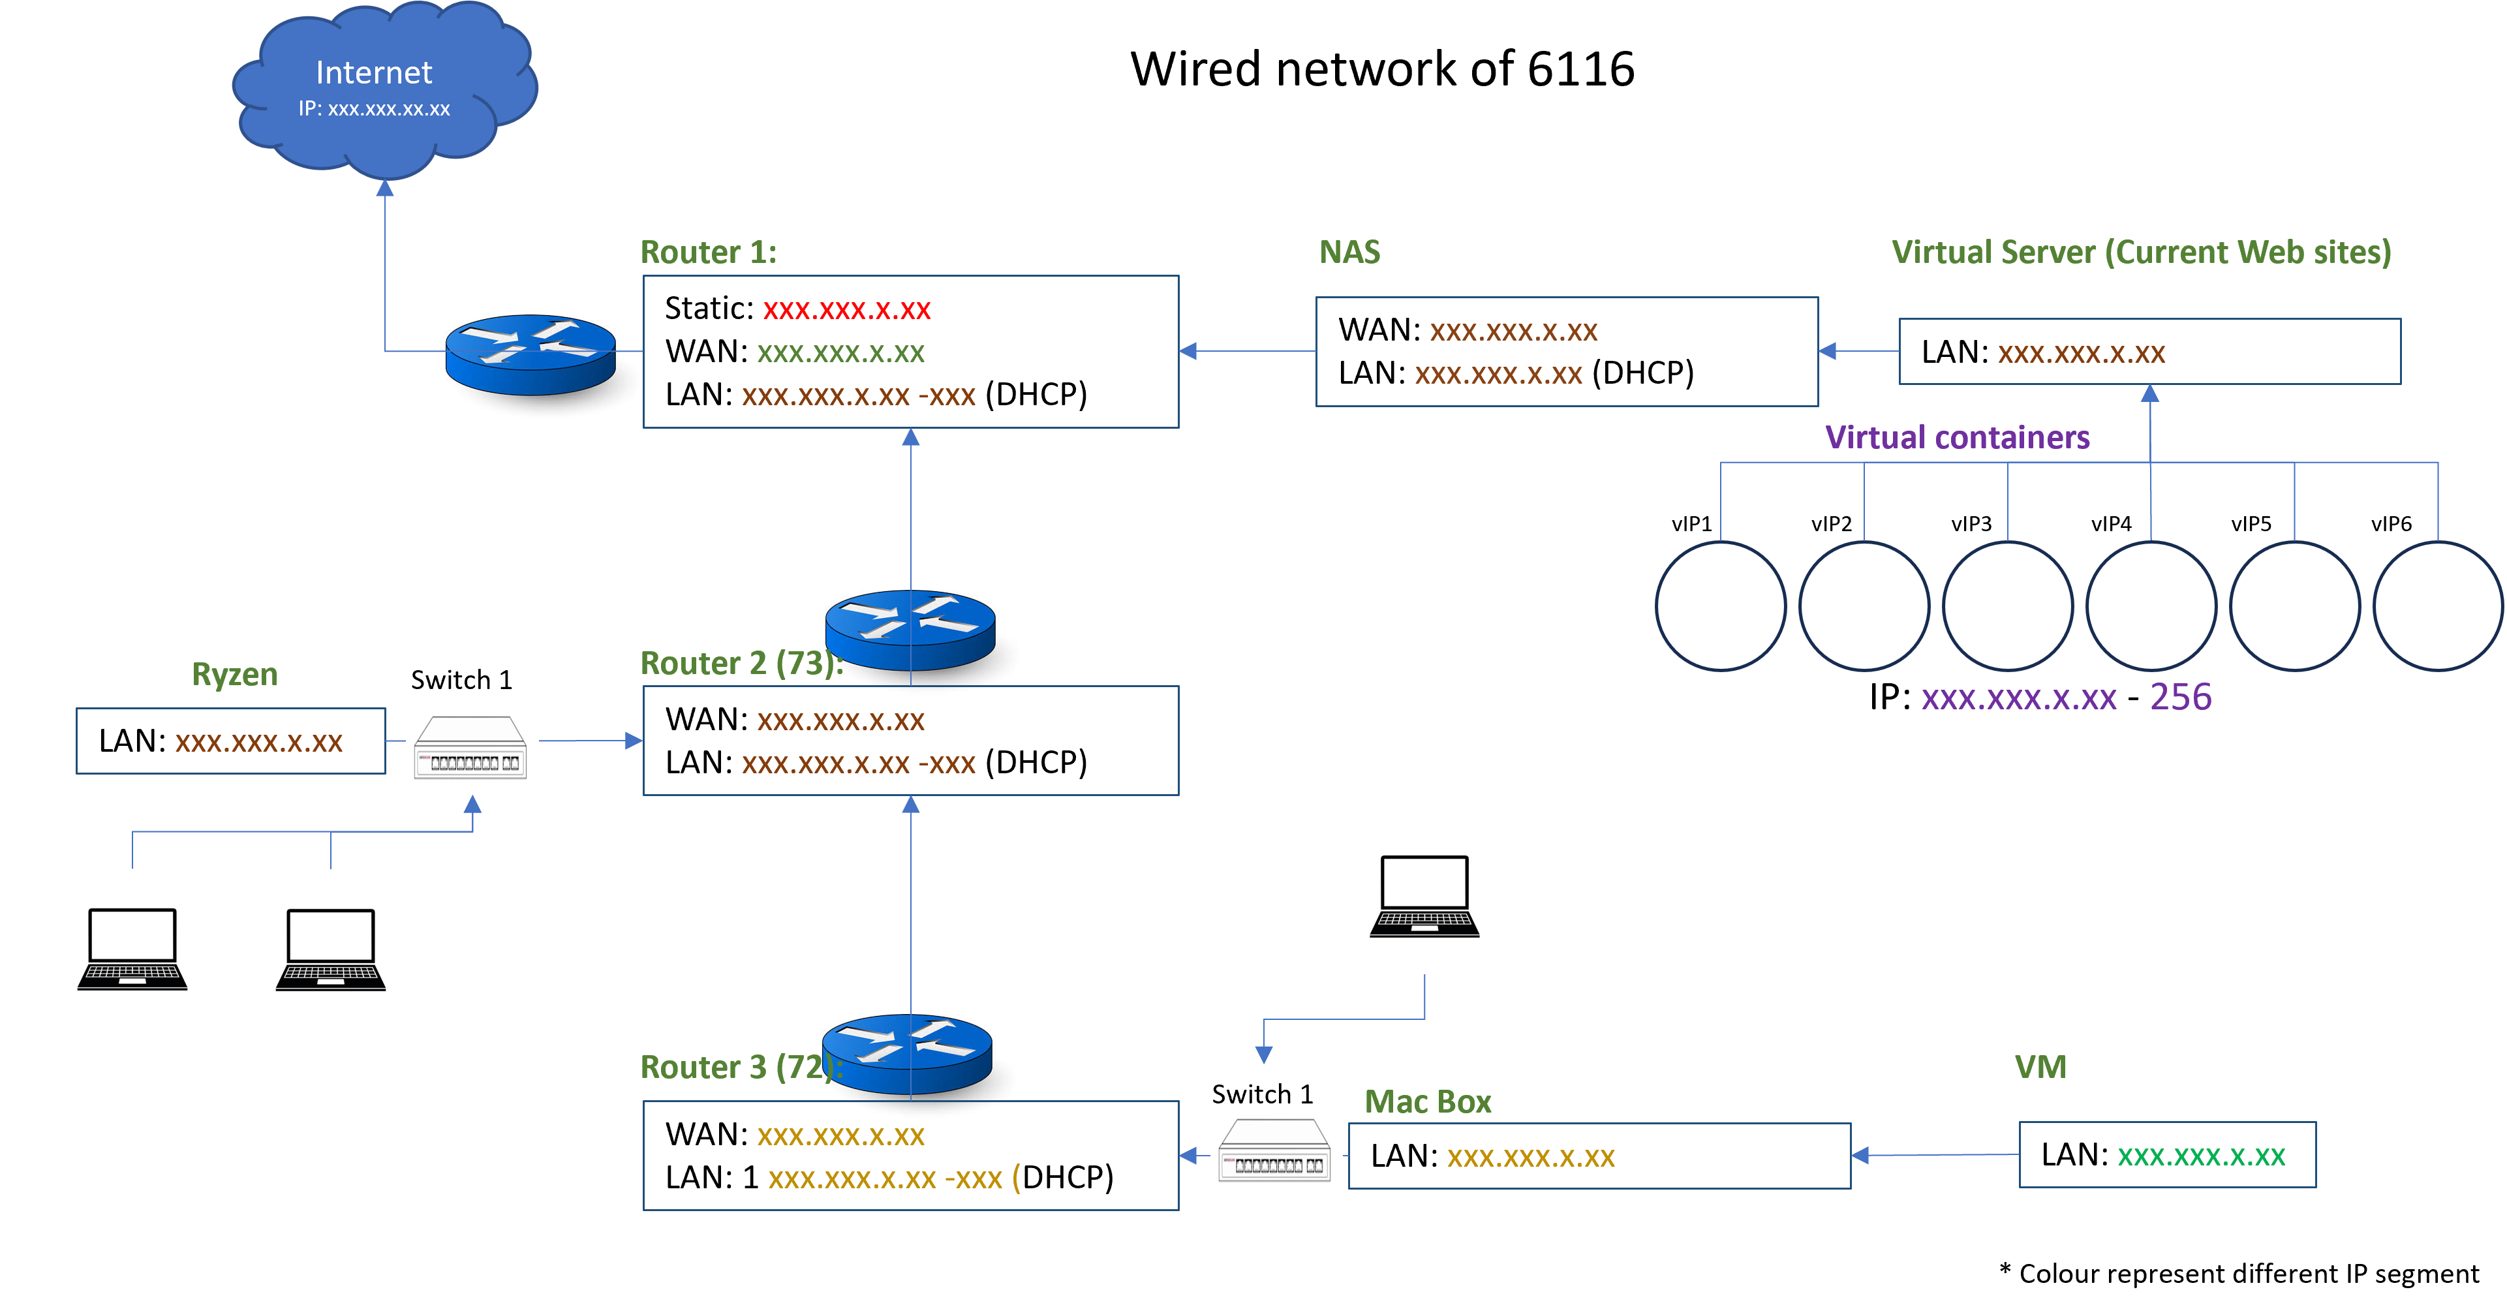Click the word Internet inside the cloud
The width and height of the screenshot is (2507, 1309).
[x=374, y=73]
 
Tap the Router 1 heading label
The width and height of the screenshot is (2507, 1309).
[x=707, y=252]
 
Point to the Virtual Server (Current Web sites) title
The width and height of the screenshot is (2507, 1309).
[x=2141, y=252]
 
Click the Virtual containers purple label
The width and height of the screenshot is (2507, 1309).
[x=1957, y=437]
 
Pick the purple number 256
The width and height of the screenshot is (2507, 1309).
[x=2180, y=697]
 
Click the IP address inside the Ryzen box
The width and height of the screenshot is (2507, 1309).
[x=259, y=743]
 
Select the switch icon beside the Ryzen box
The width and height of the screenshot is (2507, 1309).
[x=472, y=751]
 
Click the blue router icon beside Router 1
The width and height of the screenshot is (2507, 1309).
[x=531, y=355]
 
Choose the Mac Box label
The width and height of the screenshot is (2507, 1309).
[x=1428, y=1101]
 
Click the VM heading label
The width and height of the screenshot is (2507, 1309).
[x=2040, y=1068]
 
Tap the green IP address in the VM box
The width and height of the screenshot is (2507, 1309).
[x=2202, y=1156]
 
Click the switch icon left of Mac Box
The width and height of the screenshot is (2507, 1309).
[x=1276, y=1154]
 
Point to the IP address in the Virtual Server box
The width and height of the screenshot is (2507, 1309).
[x=2082, y=353]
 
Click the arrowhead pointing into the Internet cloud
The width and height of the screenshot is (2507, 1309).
[x=386, y=189]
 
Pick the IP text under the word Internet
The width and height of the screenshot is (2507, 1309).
[x=374, y=109]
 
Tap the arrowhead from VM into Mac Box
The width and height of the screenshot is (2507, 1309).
[x=1860, y=1155]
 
